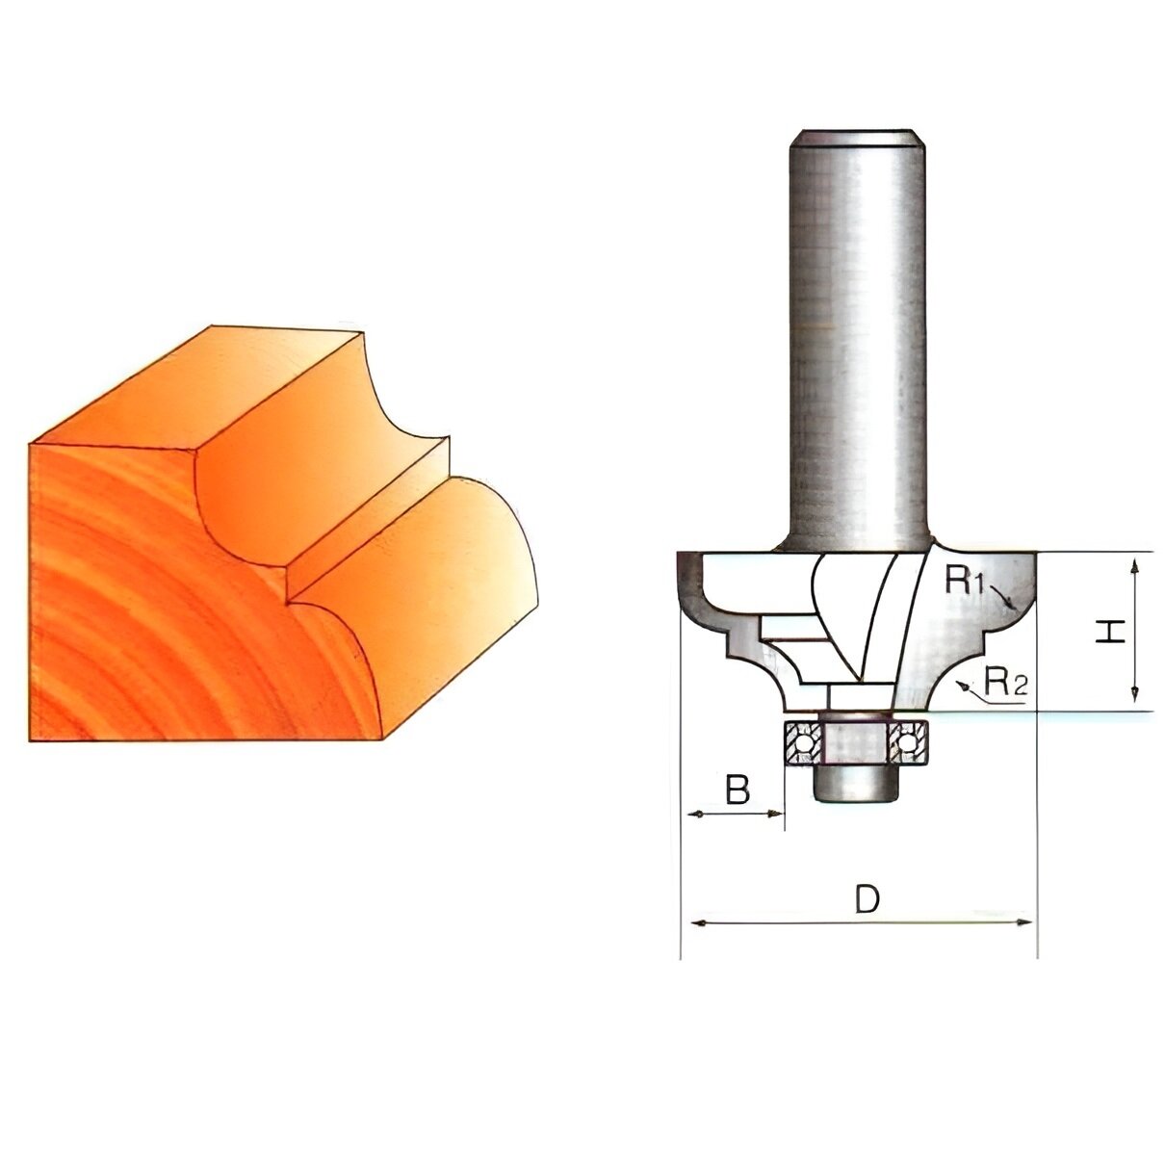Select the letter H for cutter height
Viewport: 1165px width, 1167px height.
tap(1112, 633)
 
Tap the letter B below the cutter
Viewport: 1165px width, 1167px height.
tap(737, 791)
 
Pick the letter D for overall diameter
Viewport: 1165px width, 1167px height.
tap(867, 899)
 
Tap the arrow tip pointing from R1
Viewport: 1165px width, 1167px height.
tap(1013, 607)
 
